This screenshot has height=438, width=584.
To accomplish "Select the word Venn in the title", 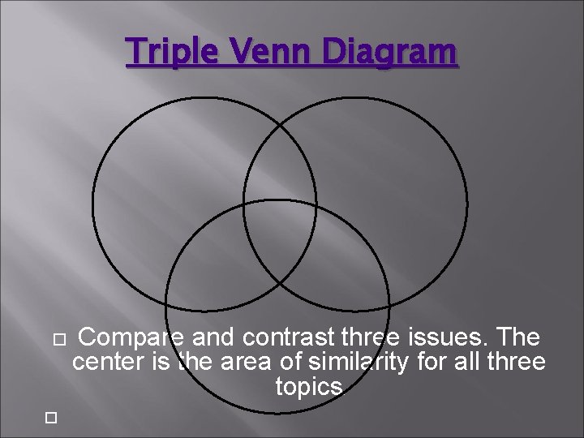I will click(x=270, y=53).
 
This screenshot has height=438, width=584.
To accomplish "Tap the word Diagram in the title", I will click(x=389, y=53).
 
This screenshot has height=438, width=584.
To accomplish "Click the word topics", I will click(x=310, y=387).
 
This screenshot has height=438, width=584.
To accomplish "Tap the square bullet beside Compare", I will click(x=57, y=337).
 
